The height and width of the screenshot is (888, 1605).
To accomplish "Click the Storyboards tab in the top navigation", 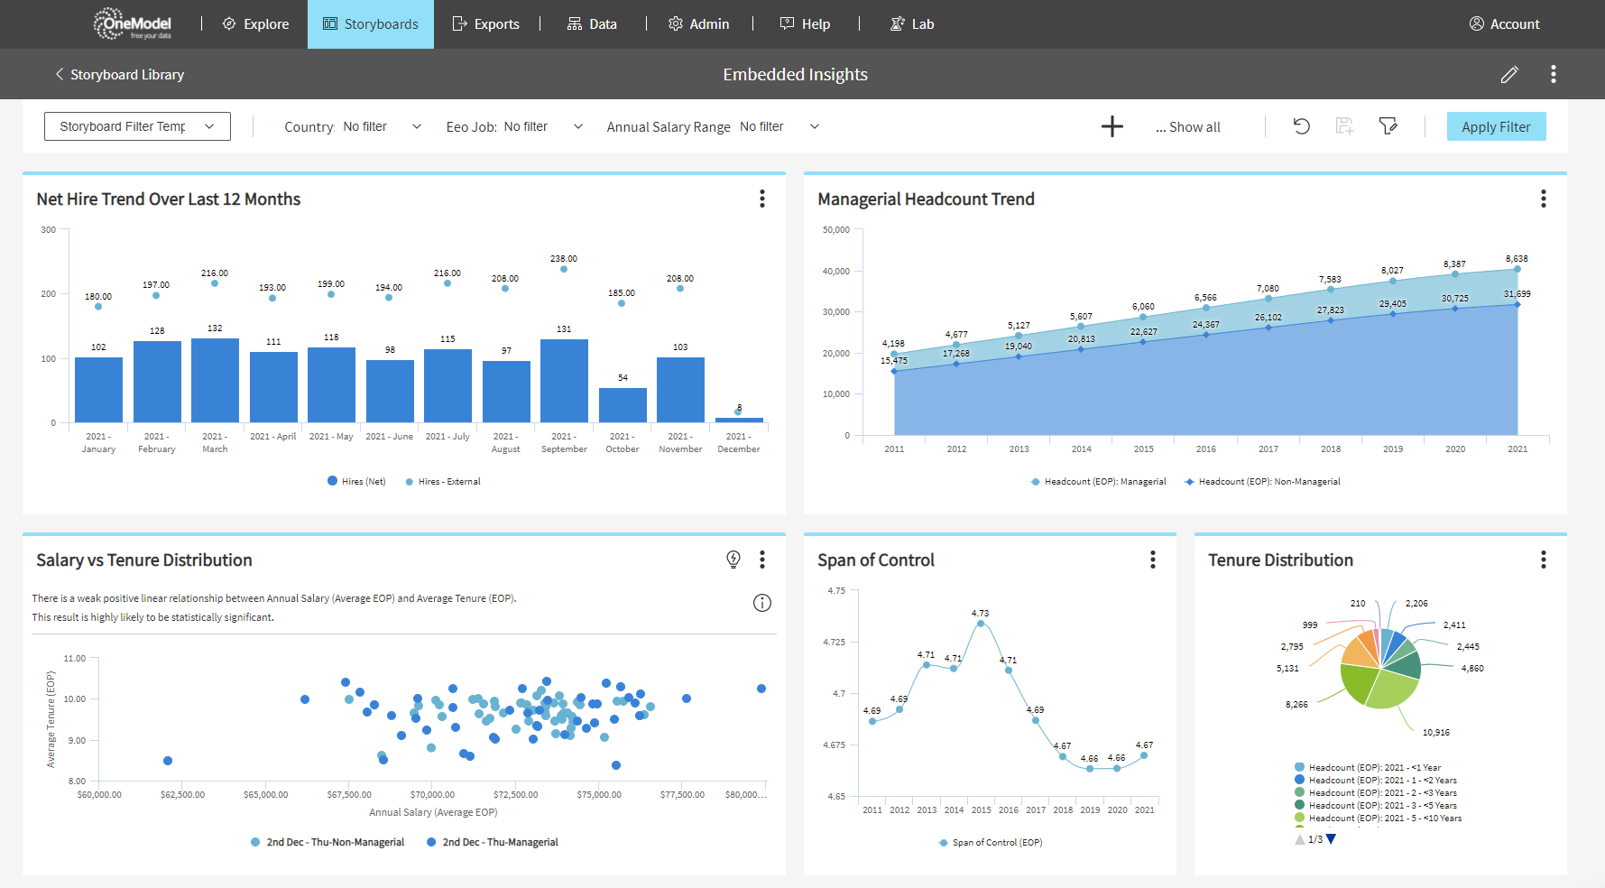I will (x=371, y=24).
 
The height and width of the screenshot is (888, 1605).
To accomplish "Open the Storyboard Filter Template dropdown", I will (x=137, y=126).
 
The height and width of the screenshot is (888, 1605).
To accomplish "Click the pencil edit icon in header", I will (x=1509, y=75).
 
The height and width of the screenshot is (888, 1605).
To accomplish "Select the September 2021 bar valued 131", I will (x=564, y=380).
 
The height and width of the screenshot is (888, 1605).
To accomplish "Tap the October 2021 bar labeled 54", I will (x=623, y=405).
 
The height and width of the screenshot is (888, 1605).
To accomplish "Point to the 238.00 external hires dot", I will (x=564, y=269).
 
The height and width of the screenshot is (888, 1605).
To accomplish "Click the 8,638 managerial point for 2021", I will (x=1517, y=269).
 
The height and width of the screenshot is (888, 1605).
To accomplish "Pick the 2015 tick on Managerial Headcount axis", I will (x=1143, y=449).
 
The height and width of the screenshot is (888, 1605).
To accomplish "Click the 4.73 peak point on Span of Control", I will (x=981, y=624).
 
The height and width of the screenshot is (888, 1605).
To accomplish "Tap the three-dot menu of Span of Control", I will (x=1152, y=560).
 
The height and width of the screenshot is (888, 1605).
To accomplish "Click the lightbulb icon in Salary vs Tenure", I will (x=733, y=560).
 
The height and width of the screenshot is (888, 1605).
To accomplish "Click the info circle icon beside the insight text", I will (x=762, y=603).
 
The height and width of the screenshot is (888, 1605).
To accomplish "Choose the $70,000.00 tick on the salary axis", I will (x=432, y=795).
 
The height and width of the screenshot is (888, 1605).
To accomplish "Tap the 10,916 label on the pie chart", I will (x=1435, y=733).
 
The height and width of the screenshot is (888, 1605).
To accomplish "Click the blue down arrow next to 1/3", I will (x=1332, y=839).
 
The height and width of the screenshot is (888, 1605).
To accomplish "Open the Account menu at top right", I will (x=1504, y=24).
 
